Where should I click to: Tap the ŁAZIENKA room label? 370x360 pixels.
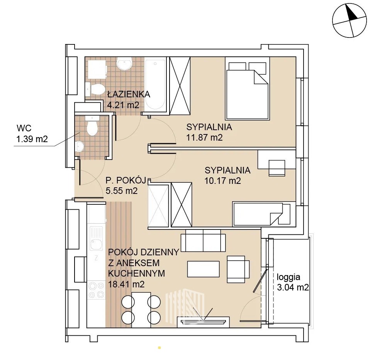[x=129, y=94]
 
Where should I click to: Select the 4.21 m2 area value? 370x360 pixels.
[x=123, y=105]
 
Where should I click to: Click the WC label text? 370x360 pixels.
[x=24, y=128]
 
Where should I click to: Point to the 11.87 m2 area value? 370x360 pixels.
[x=204, y=137]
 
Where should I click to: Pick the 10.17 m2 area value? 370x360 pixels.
[x=222, y=181]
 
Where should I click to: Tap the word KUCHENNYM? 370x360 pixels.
[x=136, y=273]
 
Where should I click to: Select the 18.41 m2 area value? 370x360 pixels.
[x=126, y=284]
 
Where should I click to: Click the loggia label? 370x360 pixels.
[x=289, y=277]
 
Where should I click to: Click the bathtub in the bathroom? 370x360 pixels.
[x=155, y=85]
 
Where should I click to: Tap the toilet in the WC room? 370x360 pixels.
[x=92, y=126]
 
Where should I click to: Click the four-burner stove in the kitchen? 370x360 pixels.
[x=96, y=290]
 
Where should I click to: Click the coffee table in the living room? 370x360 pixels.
[x=204, y=268]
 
